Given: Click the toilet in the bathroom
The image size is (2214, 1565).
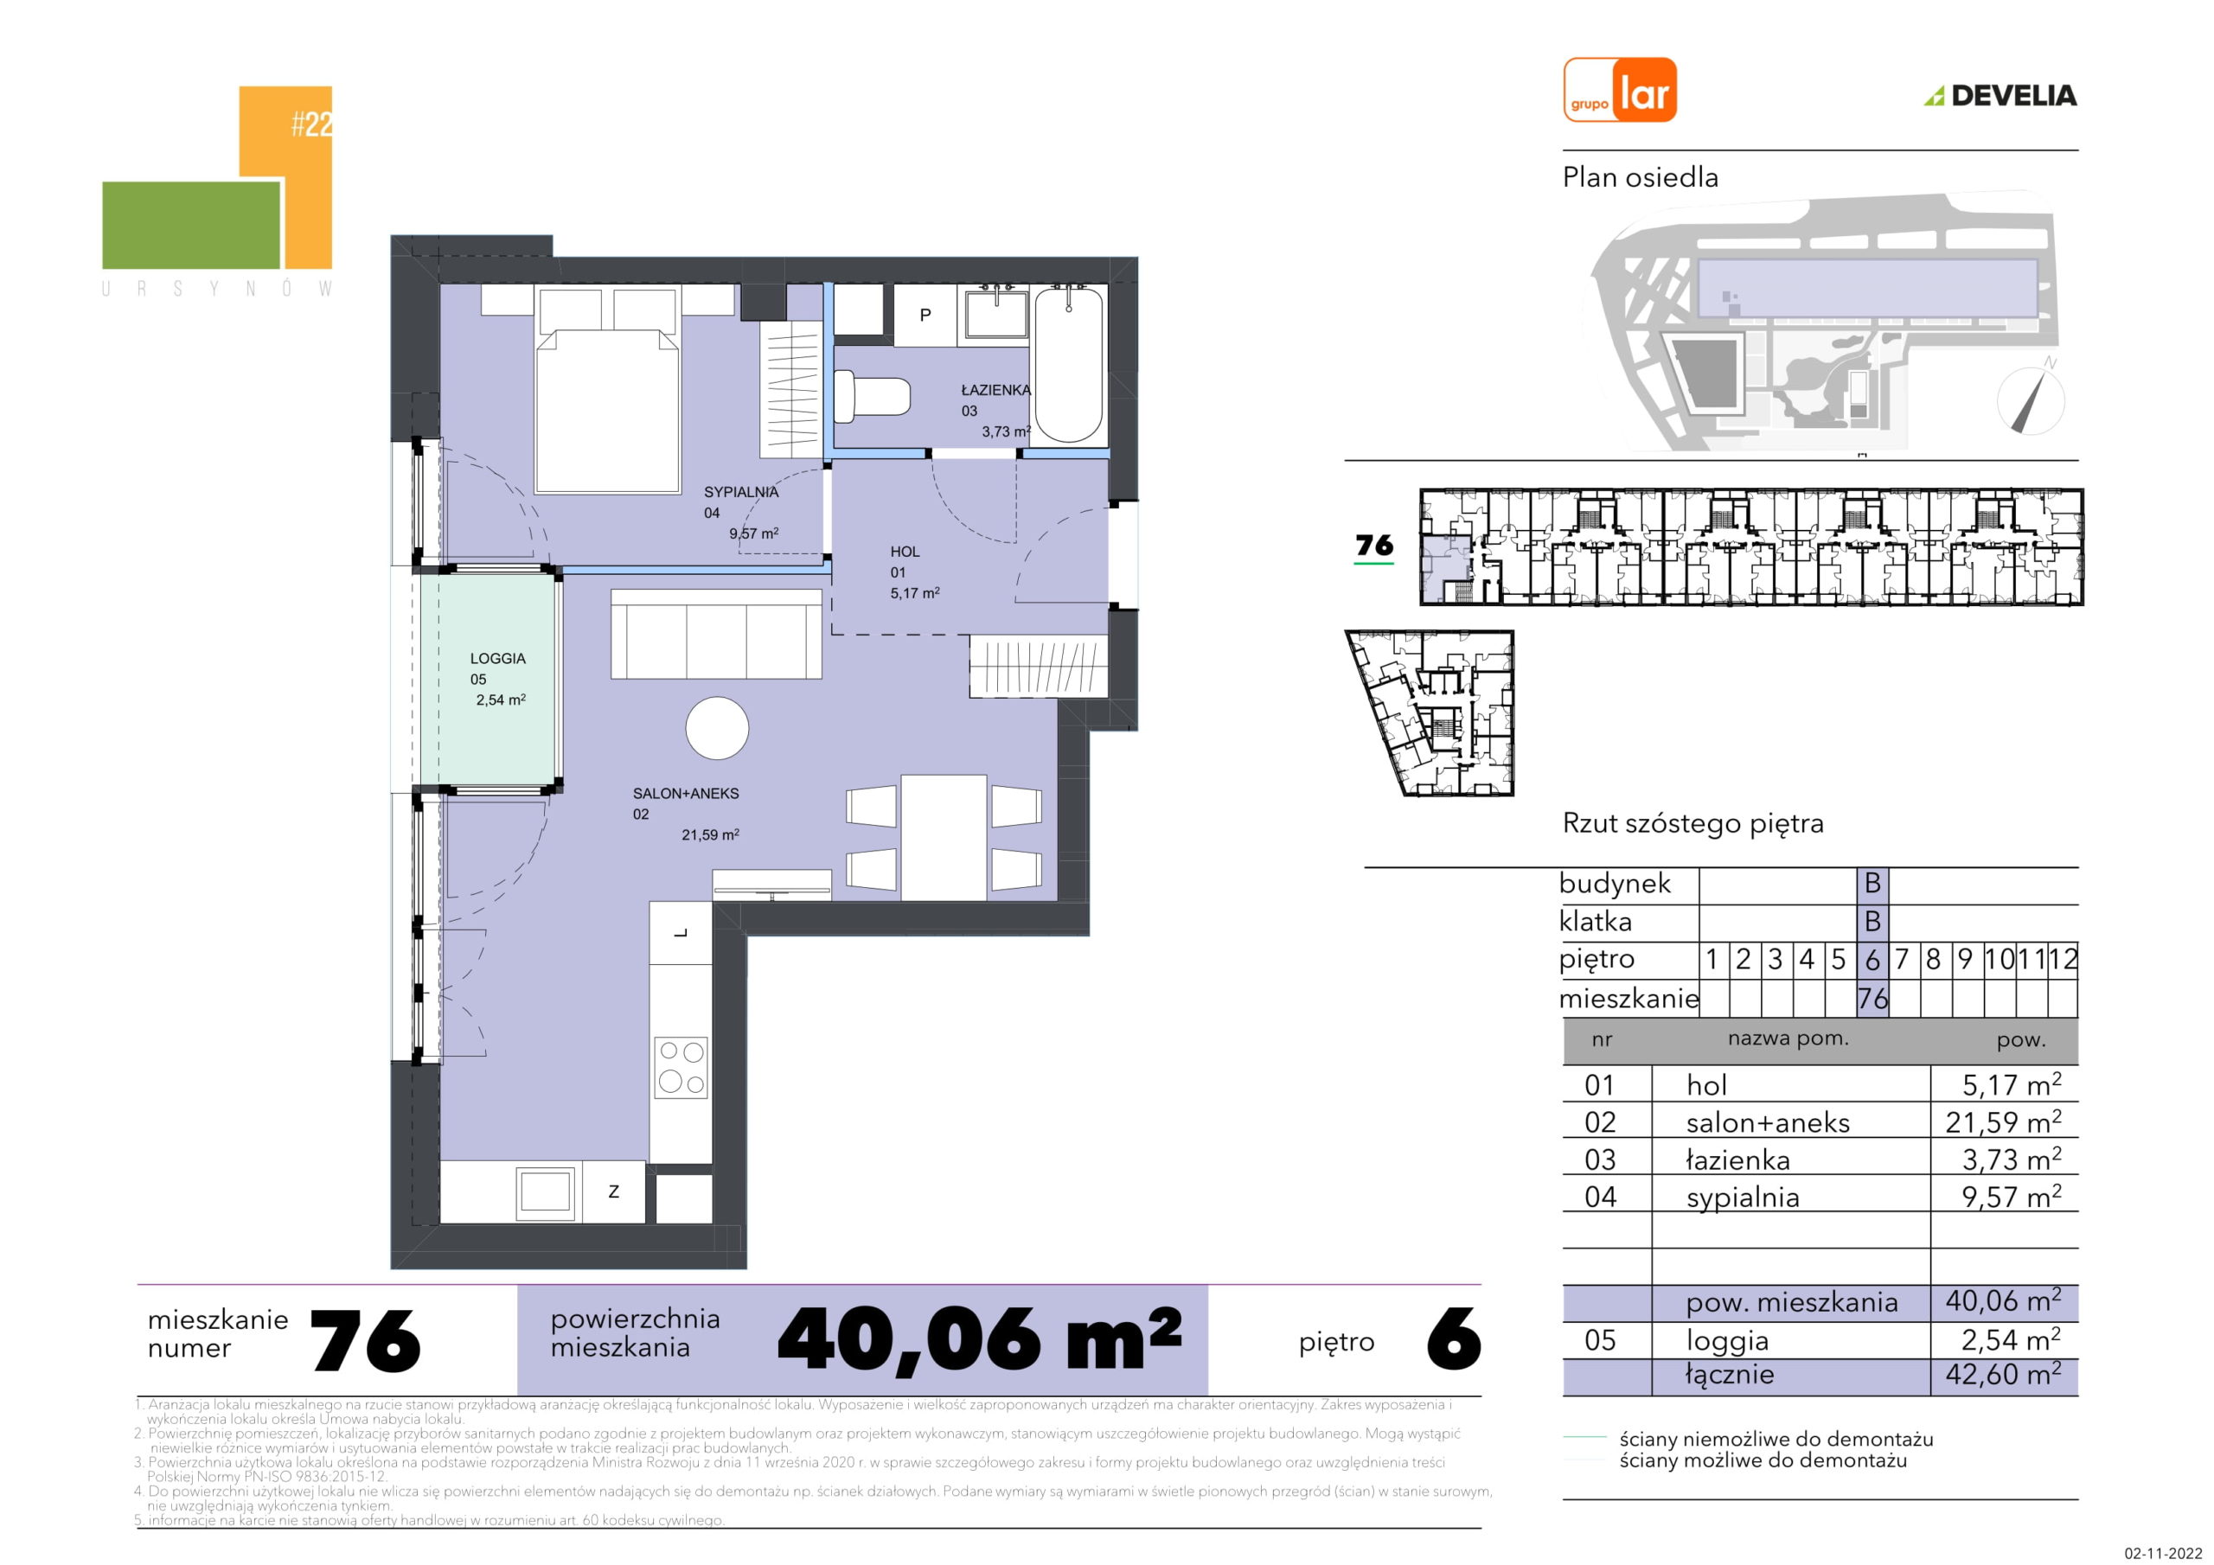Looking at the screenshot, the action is pyautogui.click(x=872, y=399).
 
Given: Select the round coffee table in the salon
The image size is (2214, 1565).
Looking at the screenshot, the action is pyautogui.click(x=718, y=728).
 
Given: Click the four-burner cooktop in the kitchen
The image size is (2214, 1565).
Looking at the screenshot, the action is pyautogui.click(x=681, y=1068).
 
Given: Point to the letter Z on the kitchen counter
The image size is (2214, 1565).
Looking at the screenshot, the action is pyautogui.click(x=613, y=1191).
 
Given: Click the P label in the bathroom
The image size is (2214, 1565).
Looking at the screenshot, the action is pyautogui.click(x=925, y=315).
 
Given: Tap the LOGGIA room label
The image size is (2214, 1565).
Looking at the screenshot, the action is pyautogui.click(x=497, y=659).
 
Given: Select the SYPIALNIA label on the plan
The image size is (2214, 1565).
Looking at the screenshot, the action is pyautogui.click(x=740, y=492).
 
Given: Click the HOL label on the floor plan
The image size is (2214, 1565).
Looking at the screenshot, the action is pyautogui.click(x=905, y=552).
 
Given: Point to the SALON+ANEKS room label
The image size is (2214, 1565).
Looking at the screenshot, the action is pyautogui.click(x=686, y=794).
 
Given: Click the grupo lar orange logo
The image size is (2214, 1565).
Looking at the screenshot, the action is pyautogui.click(x=1620, y=90).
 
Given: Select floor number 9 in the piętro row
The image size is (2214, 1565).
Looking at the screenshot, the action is pyautogui.click(x=1965, y=960).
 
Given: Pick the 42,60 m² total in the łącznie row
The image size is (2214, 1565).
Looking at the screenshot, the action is pyautogui.click(x=2003, y=1374).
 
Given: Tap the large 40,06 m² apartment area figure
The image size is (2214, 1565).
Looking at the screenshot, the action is pyautogui.click(x=979, y=1339).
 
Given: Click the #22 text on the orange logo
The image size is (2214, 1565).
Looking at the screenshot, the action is pyautogui.click(x=312, y=125).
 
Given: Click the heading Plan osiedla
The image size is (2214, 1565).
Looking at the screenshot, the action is pyautogui.click(x=1641, y=177).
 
